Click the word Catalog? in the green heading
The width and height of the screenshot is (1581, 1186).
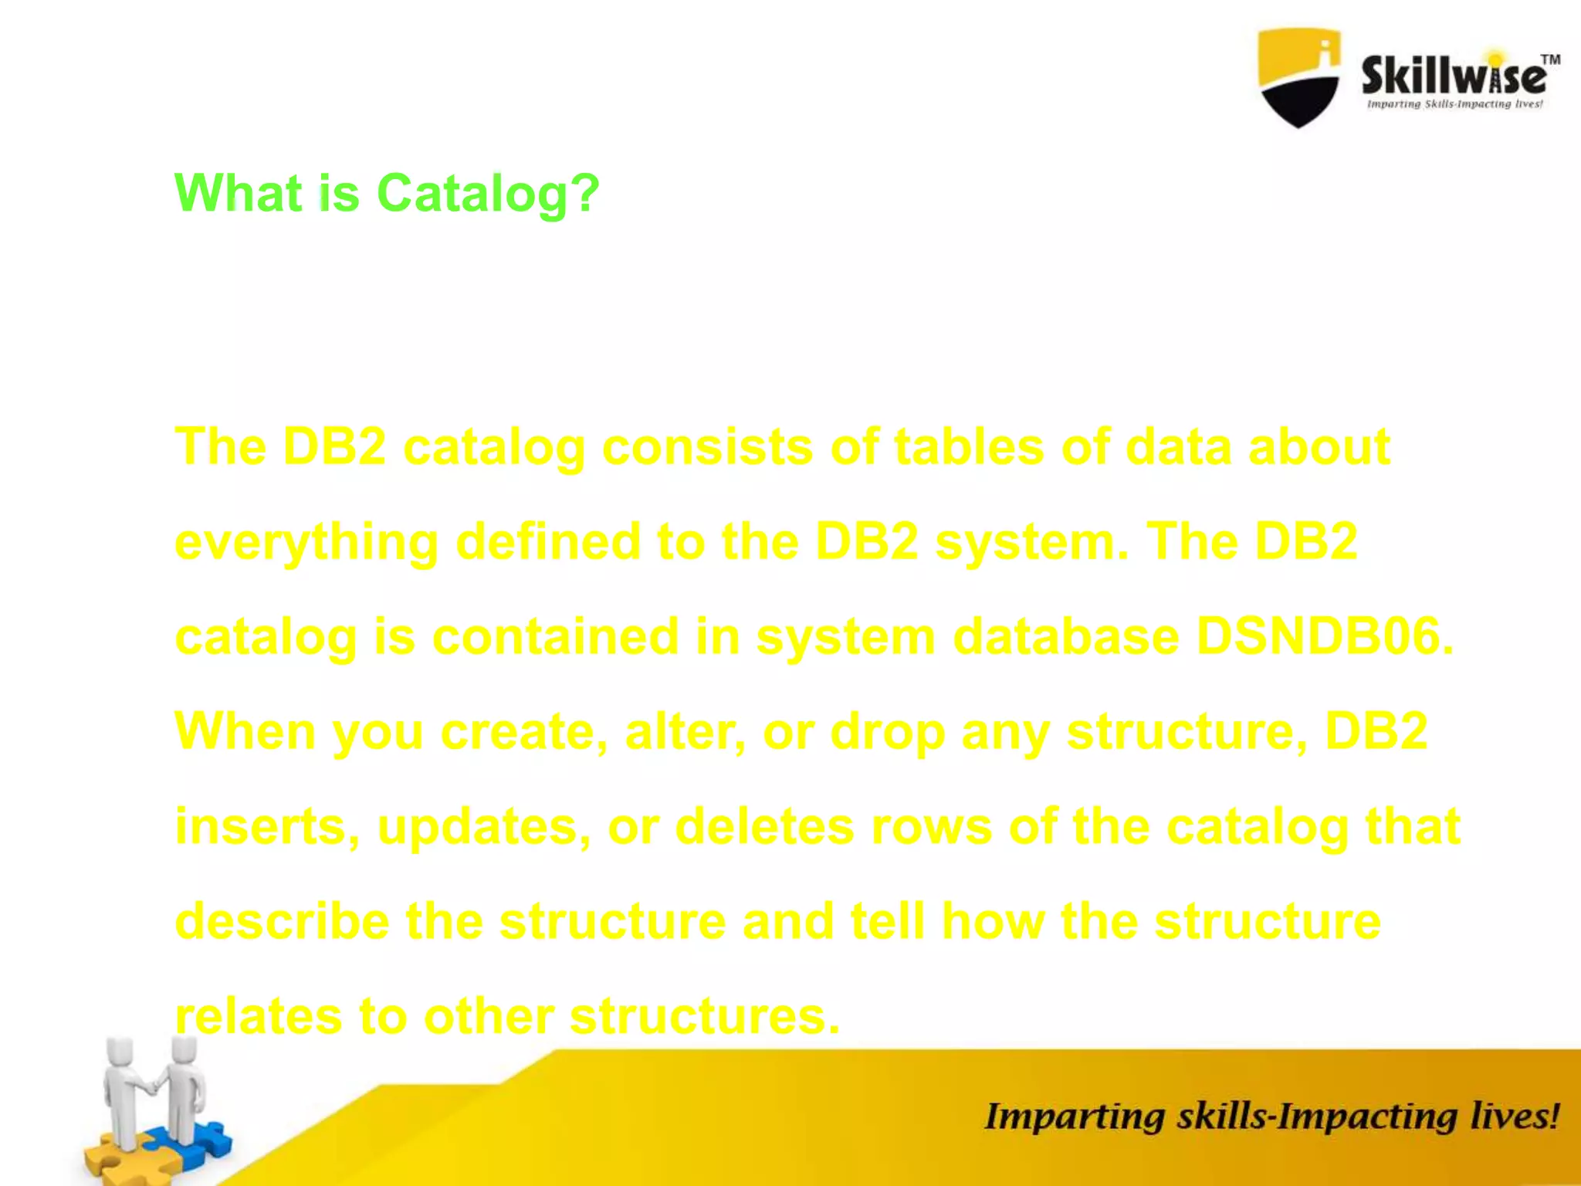(487, 193)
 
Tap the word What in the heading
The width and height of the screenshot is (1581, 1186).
(238, 193)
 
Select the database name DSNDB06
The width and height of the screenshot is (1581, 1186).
(1324, 637)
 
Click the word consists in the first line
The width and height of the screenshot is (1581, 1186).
(707, 447)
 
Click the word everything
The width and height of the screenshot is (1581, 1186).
(306, 542)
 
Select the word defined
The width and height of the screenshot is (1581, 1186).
(548, 542)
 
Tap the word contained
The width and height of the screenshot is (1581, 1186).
(555, 637)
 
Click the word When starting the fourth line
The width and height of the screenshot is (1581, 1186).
(245, 731)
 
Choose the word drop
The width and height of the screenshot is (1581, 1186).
(888, 731)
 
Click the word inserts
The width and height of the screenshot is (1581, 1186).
(267, 826)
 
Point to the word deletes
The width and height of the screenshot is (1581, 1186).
(765, 826)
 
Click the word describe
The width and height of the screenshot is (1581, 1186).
(283, 921)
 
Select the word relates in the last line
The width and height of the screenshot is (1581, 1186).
(259, 1016)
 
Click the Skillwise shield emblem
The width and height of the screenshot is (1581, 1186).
(1299, 77)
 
